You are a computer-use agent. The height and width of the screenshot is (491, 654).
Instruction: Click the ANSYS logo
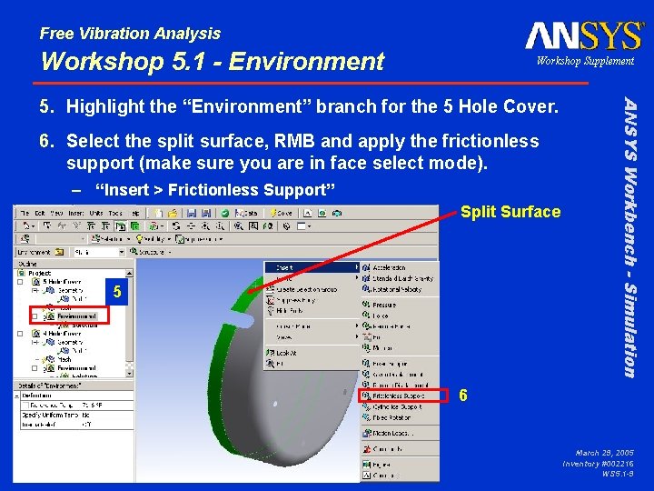tap(584, 35)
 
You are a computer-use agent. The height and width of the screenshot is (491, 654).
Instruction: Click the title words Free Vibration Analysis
tap(130, 34)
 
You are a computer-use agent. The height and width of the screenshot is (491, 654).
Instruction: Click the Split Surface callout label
tap(510, 212)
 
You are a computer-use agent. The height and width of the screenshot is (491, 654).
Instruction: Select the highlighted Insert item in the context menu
tap(309, 267)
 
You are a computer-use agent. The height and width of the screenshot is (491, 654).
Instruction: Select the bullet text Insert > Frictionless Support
tap(214, 190)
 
